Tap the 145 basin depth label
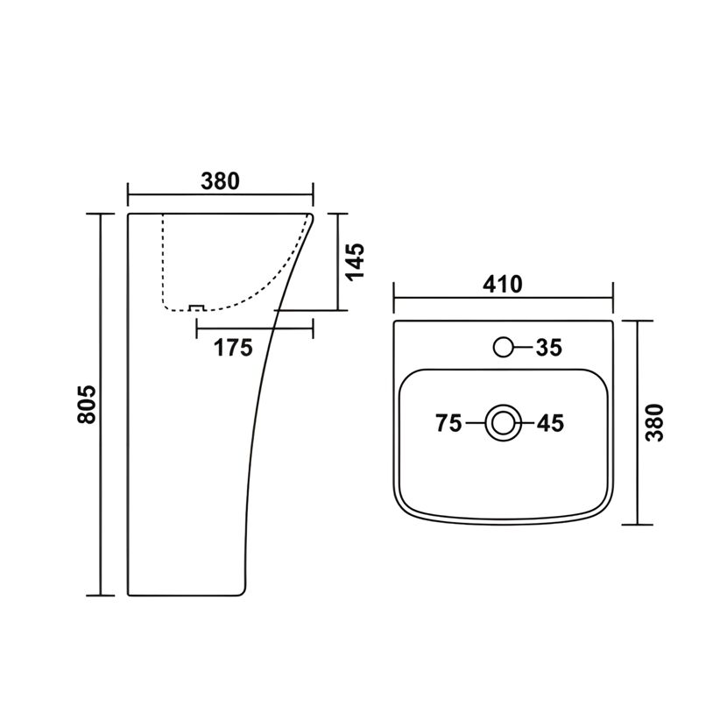(356, 262)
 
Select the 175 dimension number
(233, 348)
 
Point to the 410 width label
(503, 284)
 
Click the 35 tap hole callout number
(549, 347)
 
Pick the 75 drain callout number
(448, 423)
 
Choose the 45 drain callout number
(551, 423)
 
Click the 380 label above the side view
(220, 181)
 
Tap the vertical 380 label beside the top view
(655, 422)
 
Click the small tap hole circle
(503, 347)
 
